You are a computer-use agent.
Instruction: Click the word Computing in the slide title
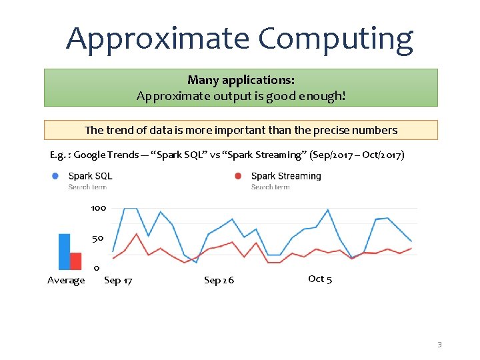click(x=336, y=39)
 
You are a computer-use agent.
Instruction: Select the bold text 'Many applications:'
click(x=241, y=80)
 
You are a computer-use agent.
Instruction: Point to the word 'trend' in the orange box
click(x=120, y=130)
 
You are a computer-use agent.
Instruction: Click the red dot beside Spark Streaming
click(x=238, y=176)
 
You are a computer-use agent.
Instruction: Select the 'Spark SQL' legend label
click(x=90, y=176)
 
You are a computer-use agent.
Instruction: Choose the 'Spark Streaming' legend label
click(x=286, y=176)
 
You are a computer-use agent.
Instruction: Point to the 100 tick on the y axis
click(x=98, y=208)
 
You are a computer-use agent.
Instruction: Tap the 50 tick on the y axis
click(x=98, y=238)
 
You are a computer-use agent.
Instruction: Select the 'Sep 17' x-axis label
click(x=118, y=281)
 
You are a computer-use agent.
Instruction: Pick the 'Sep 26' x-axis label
click(x=219, y=281)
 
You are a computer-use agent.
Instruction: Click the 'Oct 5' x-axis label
click(x=320, y=279)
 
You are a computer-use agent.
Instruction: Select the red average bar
click(x=75, y=261)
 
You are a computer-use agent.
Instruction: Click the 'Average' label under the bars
click(x=66, y=281)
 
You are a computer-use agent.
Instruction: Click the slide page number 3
click(x=439, y=345)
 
